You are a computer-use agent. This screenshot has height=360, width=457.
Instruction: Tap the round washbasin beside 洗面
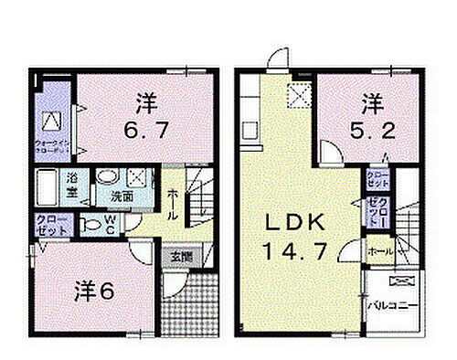tap(107, 177)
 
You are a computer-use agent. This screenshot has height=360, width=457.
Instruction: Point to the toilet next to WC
tap(89, 223)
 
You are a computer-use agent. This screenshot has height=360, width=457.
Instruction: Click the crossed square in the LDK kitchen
tap(296, 95)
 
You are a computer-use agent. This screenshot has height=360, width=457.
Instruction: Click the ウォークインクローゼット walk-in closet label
tap(50, 143)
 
